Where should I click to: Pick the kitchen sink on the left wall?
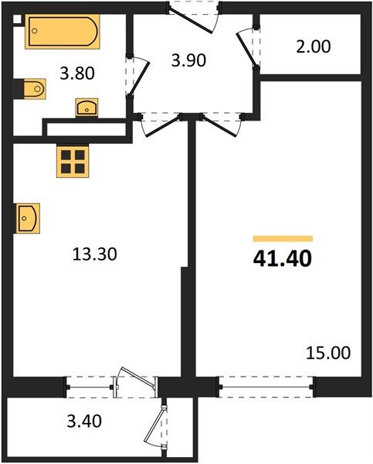26,217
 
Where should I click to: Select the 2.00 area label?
313,46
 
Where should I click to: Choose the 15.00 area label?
328,353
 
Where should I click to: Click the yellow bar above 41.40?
283,239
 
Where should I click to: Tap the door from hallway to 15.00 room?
217,125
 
